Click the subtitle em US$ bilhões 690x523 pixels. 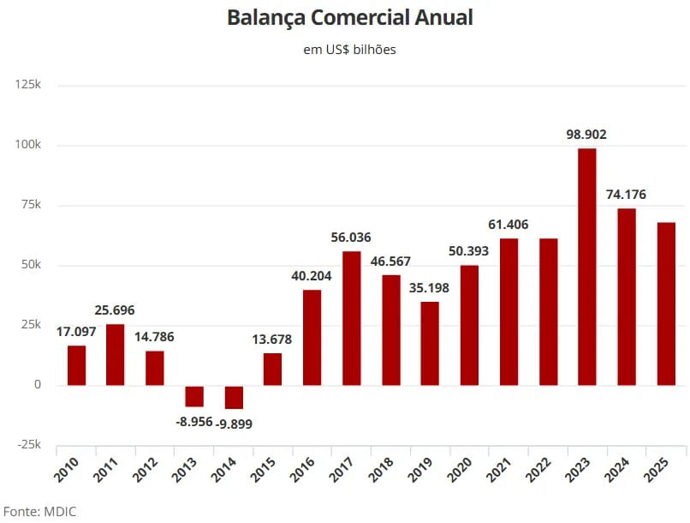[x=349, y=50]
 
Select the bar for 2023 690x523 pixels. [x=587, y=267]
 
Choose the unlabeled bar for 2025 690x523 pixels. [x=666, y=304]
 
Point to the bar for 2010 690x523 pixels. [x=76, y=365]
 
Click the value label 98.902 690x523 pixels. [x=586, y=135]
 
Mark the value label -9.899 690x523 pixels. [x=234, y=423]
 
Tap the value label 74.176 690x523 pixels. [x=627, y=194]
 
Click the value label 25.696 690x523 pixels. [x=115, y=310]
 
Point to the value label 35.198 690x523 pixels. [x=430, y=287]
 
